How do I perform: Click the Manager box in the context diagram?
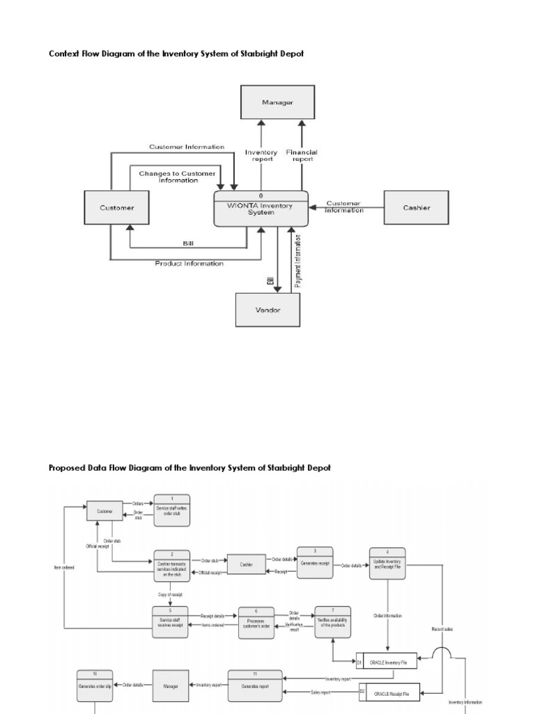coord(277,102)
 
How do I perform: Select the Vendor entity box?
coord(268,310)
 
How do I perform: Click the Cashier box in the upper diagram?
coord(416,207)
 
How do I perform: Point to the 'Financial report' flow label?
coord(301,155)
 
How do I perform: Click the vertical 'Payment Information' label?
coord(298,261)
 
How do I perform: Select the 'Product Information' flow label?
coord(189,264)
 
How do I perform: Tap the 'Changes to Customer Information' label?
coord(178,176)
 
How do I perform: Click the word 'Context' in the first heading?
coord(65,54)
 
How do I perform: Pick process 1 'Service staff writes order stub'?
coord(171,511)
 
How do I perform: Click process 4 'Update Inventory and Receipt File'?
coord(387,561)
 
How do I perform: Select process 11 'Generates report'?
coord(255,684)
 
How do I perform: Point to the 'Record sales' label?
coord(442,629)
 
